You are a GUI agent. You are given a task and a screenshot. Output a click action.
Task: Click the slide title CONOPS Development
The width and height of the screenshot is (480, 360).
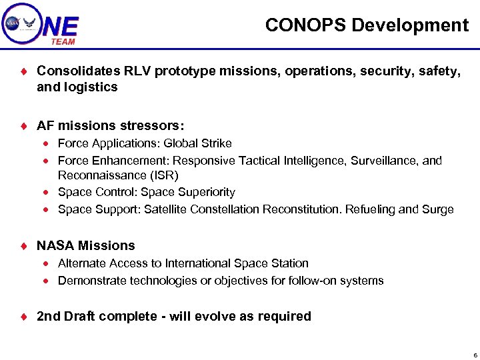tap(367, 25)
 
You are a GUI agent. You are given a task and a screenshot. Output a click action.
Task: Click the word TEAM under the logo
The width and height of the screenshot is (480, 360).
tap(63, 41)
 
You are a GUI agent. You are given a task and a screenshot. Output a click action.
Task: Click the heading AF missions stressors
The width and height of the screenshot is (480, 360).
tap(111, 125)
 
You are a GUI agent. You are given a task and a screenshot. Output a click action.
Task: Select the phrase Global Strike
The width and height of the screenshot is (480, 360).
tap(198, 143)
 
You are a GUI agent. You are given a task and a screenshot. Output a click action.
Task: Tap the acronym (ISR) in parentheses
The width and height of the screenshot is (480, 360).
tap(165, 175)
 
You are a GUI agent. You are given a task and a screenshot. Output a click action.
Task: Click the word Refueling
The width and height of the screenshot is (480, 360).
tap(370, 209)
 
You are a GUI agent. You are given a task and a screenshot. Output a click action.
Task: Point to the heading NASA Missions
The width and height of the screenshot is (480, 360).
tap(85, 245)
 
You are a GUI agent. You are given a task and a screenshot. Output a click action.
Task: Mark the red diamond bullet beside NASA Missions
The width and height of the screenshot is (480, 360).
tap(23, 246)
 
